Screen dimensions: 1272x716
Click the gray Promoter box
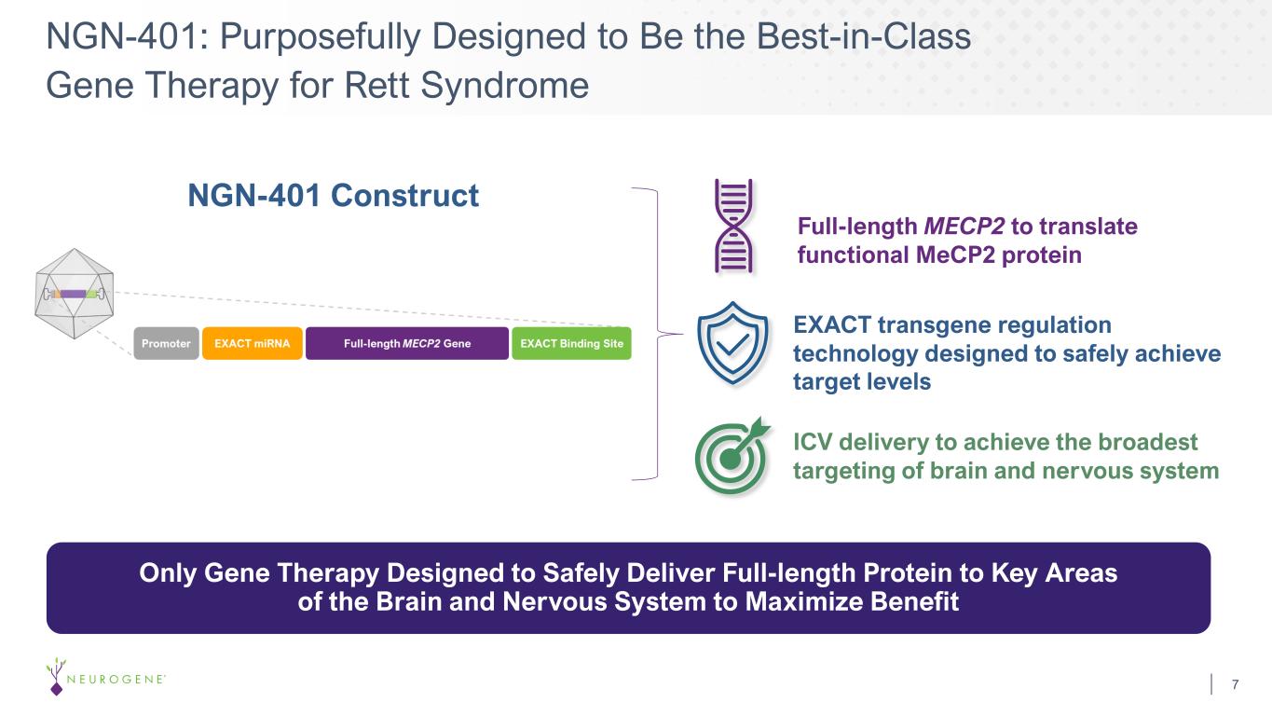pos(167,343)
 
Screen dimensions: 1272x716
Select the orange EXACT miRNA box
pos(253,343)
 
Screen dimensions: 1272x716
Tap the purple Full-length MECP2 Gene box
pos(407,343)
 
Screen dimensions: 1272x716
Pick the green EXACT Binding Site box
pos(571,343)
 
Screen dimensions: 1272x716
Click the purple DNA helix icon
pos(733,227)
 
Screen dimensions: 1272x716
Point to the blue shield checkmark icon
pos(732,343)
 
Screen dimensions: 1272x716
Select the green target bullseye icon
pos(732,456)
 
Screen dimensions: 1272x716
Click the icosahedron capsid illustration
pos(74,294)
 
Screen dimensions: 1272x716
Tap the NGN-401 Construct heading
pos(334,196)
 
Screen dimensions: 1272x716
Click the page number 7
pos(1235,684)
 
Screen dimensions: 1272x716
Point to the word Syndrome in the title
pos(504,86)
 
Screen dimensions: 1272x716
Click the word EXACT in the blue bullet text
pos(832,325)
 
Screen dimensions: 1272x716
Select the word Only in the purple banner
pos(168,572)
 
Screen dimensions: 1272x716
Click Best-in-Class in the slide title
pos(863,36)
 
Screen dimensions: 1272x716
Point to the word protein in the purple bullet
pos(1042,255)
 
